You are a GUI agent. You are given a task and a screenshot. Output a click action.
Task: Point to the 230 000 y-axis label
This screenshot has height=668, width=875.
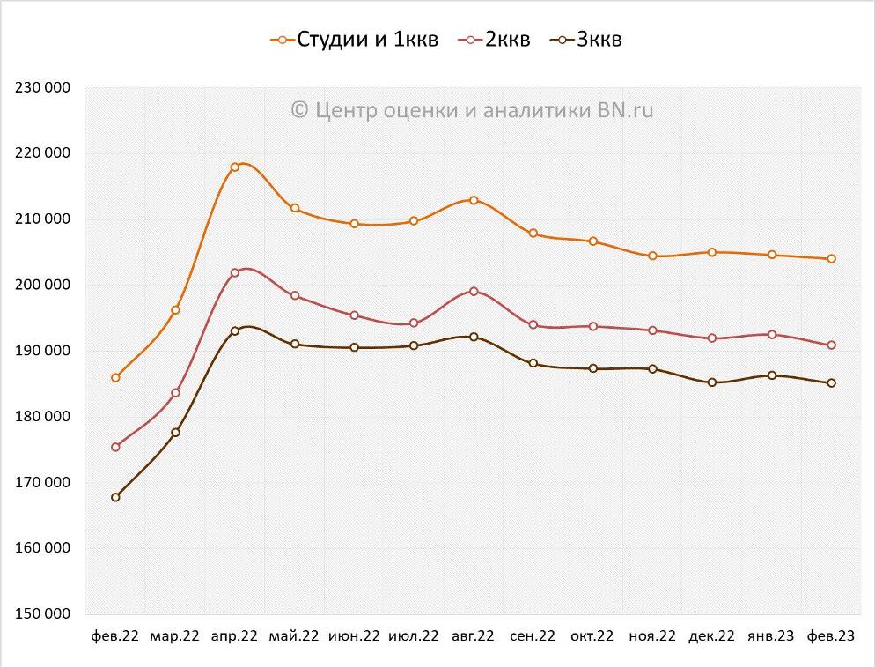point(43,87)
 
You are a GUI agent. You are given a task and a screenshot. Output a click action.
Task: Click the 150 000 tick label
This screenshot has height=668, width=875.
point(43,614)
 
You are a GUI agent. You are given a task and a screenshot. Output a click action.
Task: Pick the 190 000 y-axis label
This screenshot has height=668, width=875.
point(43,351)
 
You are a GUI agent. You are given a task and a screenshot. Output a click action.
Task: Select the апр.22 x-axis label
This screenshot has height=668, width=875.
point(235,636)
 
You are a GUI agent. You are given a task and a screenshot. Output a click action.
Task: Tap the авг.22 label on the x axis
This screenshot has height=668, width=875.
point(474,636)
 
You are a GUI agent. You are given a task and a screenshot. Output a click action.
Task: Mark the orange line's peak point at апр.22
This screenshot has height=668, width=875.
point(235,167)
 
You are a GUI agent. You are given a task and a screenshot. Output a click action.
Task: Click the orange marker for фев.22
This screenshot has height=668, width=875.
point(115,378)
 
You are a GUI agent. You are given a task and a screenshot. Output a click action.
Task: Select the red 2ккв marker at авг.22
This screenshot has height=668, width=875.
point(474,292)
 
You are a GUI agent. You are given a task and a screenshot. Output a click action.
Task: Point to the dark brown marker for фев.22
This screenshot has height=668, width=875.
point(115,497)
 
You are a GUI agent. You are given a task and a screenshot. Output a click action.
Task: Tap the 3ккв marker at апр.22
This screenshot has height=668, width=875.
point(235,331)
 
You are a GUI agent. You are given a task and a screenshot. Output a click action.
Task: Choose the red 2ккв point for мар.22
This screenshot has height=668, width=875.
point(175,393)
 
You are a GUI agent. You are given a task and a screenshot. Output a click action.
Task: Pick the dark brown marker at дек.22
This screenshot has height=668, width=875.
point(712,382)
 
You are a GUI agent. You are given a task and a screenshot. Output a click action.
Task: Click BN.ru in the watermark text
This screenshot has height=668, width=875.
point(626,110)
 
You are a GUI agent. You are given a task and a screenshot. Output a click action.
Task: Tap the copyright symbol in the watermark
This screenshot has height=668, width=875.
point(299,110)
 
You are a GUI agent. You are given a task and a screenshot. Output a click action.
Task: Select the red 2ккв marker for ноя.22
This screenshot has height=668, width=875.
point(652,330)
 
